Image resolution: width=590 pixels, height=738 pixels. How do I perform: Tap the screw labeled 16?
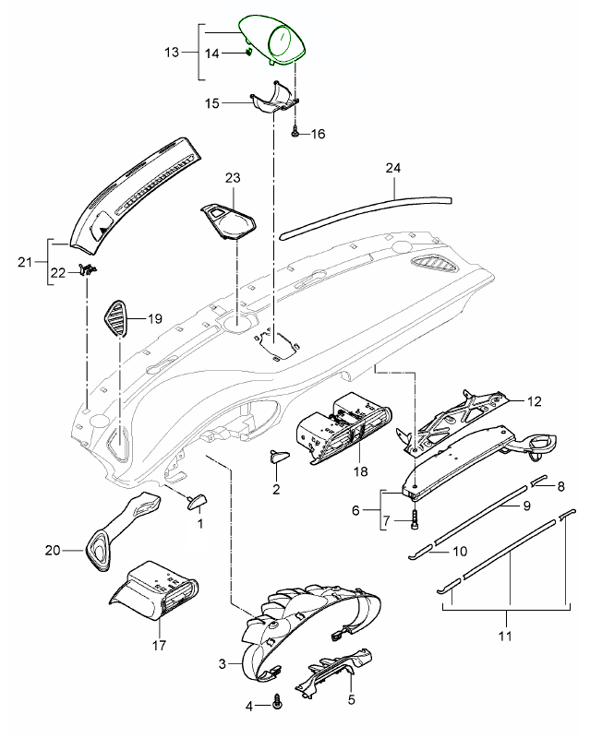(295, 133)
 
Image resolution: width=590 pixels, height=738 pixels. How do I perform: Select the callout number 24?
(392, 168)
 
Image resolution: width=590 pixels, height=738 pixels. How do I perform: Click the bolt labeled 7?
(415, 520)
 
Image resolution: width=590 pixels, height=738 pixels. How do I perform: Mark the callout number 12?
(533, 403)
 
